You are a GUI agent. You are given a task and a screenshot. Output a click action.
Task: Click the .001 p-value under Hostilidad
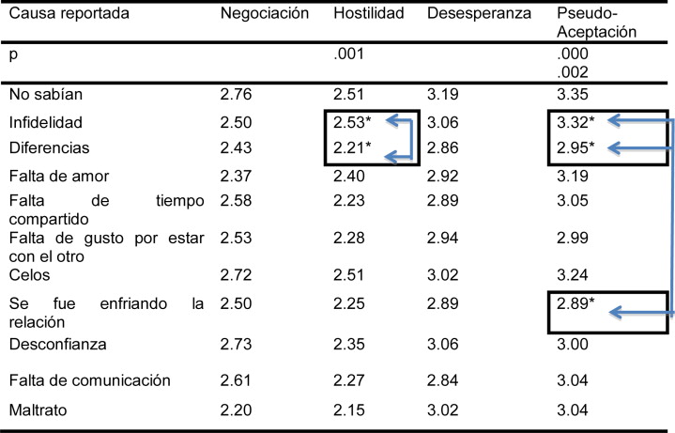pyautogui.click(x=348, y=54)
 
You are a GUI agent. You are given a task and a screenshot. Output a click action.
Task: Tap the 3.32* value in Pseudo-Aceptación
pyautogui.click(x=574, y=122)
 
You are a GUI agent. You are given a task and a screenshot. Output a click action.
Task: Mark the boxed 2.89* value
pyautogui.click(x=574, y=305)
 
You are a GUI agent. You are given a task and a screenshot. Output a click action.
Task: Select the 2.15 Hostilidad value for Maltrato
pyautogui.click(x=348, y=409)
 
